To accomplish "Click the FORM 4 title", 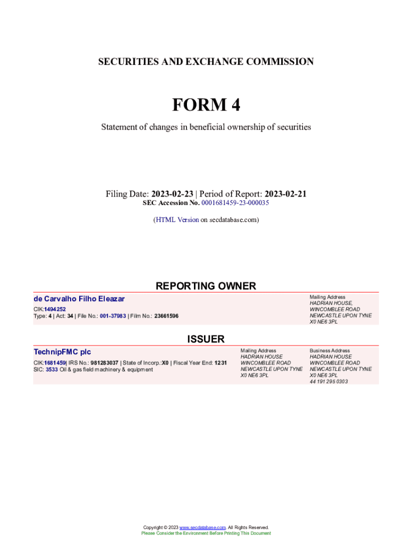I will [206, 105].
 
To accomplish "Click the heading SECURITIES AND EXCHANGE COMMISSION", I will [206, 62].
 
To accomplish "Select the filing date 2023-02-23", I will [172, 194].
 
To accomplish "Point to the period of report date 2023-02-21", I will [285, 194].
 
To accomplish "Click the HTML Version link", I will [177, 219].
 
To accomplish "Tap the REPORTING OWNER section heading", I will [206, 286].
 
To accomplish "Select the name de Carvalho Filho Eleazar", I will [79, 299].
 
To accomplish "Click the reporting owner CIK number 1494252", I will [55, 309].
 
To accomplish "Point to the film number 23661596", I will [166, 316].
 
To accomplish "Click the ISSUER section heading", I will [206, 339].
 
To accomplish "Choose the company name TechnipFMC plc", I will [62, 352].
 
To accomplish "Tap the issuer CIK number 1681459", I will [55, 363].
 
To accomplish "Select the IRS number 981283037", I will [105, 363].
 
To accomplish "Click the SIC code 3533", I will [52, 369].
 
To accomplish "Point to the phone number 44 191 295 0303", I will [329, 381].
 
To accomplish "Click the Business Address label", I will [330, 351].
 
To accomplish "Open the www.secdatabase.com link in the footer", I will [203, 528].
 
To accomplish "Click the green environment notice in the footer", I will [206, 533].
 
